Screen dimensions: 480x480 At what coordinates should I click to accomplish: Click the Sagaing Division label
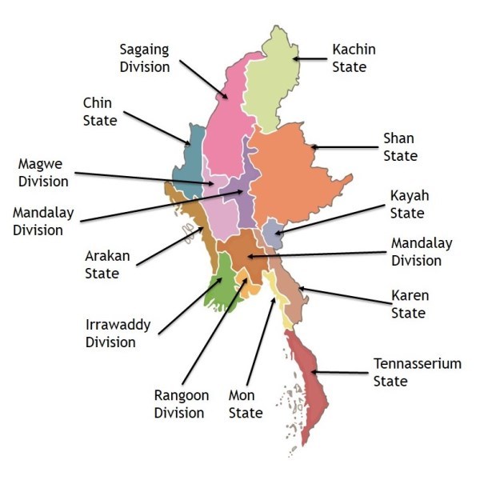[145, 58]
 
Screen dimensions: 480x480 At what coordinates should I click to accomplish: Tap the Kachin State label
[354, 58]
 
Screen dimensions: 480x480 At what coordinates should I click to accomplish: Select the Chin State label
[100, 112]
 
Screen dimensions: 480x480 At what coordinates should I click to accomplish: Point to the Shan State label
[400, 147]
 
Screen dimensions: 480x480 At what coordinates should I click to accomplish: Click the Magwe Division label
[43, 173]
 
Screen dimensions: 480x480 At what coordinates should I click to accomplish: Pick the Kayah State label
[407, 205]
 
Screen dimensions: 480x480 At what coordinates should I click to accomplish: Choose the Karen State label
[408, 305]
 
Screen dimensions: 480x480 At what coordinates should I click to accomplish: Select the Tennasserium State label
[417, 372]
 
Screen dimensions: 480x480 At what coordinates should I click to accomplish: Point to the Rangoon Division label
[182, 405]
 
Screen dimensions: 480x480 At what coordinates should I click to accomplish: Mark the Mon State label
[246, 405]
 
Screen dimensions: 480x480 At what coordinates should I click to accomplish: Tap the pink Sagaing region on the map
[224, 136]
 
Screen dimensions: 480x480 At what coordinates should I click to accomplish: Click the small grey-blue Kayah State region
[273, 233]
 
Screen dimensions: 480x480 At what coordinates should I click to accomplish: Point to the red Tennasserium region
[308, 384]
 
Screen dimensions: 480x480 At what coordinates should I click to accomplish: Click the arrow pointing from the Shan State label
[344, 147]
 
